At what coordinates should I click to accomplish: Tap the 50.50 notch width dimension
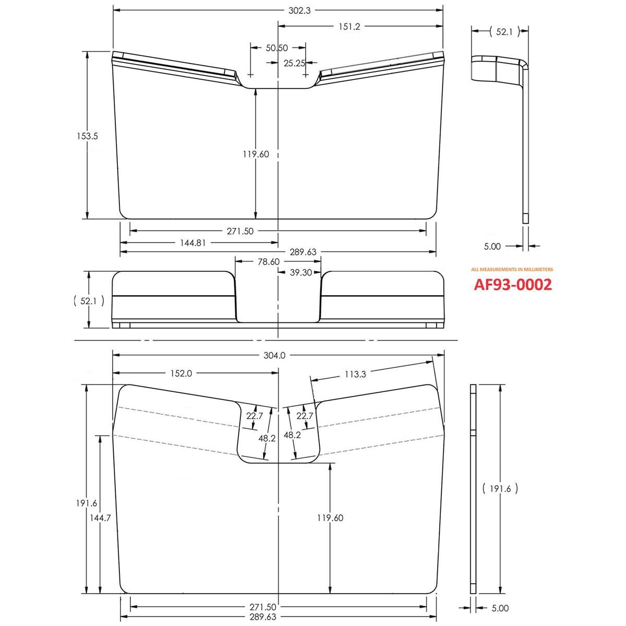point(277,48)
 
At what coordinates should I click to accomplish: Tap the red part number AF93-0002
point(512,285)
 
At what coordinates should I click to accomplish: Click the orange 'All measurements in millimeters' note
point(512,270)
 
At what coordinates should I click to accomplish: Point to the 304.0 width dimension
point(275,356)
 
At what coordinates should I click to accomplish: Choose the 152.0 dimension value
point(182,373)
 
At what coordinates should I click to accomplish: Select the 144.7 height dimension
point(99,519)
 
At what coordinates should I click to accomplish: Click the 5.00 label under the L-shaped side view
point(492,246)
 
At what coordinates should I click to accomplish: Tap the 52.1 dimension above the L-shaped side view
point(504,32)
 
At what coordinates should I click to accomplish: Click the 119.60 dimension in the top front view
point(256,154)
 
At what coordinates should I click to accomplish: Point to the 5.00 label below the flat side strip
point(500,608)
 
